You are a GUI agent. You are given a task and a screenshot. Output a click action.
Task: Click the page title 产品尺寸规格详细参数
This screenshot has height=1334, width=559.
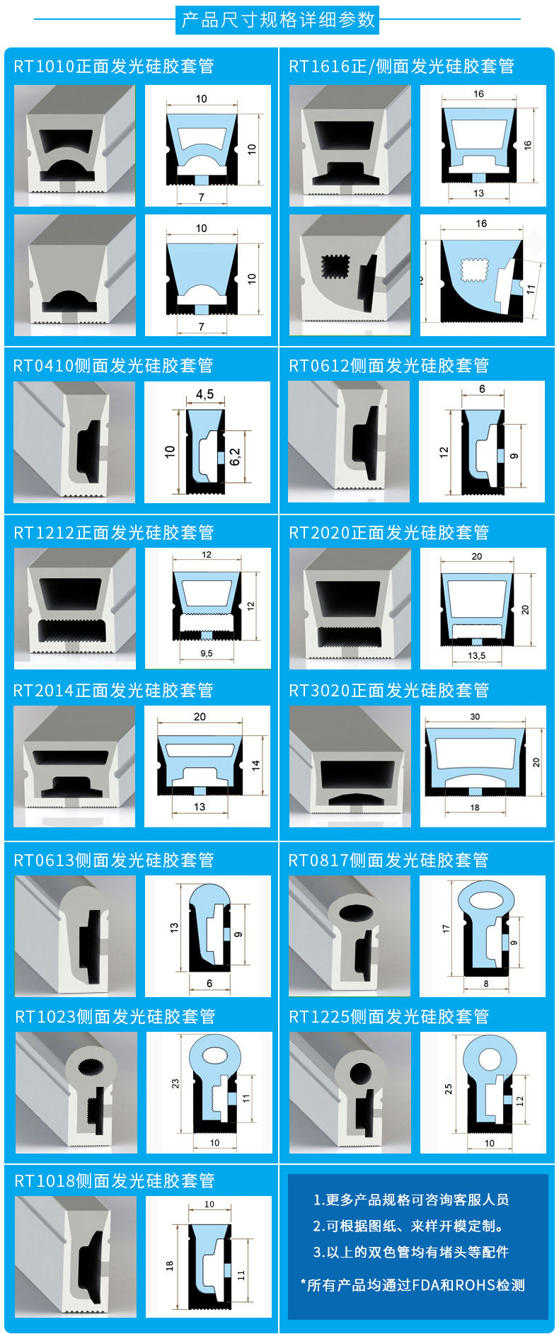pos(278,20)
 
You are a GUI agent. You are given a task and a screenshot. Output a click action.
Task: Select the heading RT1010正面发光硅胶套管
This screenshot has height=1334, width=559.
pos(114,67)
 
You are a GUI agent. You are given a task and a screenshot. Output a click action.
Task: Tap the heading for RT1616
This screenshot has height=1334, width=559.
pos(401,67)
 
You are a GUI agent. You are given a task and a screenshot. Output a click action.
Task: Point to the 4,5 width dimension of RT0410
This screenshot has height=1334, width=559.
pos(204,394)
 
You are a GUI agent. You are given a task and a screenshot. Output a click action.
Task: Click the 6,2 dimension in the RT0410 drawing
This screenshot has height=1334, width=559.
pos(235,456)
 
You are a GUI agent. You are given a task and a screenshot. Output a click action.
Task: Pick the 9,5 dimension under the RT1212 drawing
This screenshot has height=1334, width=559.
pos(206,653)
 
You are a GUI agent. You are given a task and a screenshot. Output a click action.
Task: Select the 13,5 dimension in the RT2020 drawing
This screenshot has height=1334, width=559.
pos(476,655)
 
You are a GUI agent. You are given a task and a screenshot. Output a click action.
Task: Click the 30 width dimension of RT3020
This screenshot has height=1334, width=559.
pos(475,716)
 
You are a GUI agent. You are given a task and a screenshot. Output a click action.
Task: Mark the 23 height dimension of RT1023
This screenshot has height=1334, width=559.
pos(175,1083)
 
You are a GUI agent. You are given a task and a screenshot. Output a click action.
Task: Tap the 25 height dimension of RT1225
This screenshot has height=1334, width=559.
pos(448,1089)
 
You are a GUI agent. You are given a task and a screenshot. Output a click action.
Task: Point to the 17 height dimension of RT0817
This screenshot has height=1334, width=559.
pos(446,928)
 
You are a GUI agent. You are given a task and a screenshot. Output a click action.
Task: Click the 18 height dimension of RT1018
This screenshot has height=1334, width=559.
pos(169,1265)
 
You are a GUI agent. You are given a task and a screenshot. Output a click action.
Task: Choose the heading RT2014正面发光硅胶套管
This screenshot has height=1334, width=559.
pos(113,690)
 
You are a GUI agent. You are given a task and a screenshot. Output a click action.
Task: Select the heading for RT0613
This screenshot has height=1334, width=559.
pos(114,860)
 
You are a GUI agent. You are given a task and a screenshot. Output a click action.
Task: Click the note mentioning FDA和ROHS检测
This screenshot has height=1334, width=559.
pos(413,1285)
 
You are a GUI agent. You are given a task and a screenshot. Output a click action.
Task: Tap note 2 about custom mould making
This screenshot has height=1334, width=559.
pos(409,1226)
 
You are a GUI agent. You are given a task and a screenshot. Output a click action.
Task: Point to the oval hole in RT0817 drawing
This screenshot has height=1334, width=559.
pos(486,899)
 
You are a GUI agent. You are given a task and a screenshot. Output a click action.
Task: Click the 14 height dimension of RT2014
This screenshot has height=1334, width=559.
pos(255,764)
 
